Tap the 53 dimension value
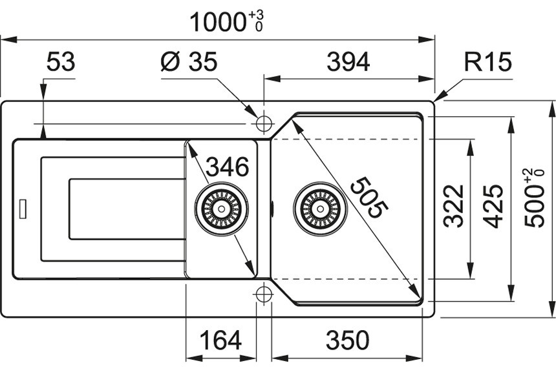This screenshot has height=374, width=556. tap(61, 63)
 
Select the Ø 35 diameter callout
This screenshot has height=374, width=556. tap(189, 63)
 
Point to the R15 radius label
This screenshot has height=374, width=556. tap(487, 63)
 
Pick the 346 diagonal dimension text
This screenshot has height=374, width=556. tap(227, 167)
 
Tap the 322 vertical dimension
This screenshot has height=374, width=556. tap(454, 206)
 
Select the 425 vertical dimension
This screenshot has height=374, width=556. tap(494, 206)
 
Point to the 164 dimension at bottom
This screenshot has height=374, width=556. tap(220, 340)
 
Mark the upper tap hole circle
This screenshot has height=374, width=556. tap(264, 123)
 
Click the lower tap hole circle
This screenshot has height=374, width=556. tap(263, 294)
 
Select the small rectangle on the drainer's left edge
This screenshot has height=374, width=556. tap(23, 209)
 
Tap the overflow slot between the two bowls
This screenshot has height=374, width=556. tap(272, 209)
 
